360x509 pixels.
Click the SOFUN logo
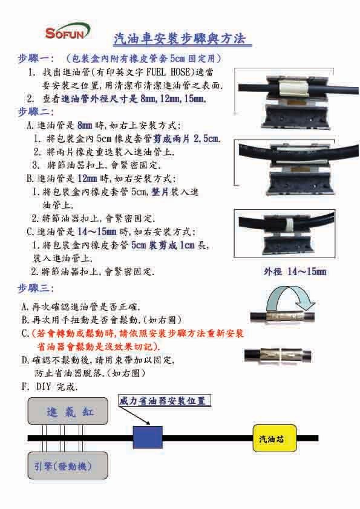pos(67,32)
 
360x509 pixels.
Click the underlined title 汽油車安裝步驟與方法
pos(182,39)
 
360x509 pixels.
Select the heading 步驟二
pos(36,112)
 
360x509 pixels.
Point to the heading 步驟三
pos(36,288)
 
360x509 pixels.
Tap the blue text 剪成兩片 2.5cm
pos(187,138)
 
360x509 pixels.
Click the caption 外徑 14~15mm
pos(295,271)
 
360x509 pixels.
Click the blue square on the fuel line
pos(148,437)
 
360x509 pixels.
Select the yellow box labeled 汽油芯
pos(275,438)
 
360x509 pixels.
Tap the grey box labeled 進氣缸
pos(68,411)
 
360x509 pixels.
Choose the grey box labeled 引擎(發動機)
pos(68,465)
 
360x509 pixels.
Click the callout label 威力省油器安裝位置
pos(165,401)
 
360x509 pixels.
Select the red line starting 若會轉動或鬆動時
pos(137,333)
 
